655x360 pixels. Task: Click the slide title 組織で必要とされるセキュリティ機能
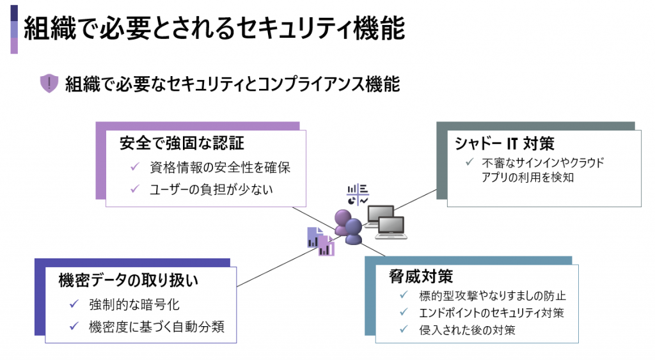(214, 29)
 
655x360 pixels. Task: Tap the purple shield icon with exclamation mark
(49, 84)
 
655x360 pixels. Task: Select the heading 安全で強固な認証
(182, 143)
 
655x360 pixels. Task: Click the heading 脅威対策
(421, 276)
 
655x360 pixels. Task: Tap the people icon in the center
(347, 227)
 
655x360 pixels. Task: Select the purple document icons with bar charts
(320, 241)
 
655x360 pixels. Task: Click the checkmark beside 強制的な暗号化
(74, 304)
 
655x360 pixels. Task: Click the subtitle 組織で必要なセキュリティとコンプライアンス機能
(233, 84)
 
